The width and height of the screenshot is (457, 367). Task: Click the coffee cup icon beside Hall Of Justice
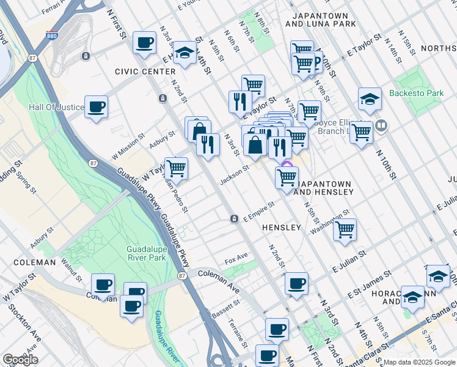tap(97, 108)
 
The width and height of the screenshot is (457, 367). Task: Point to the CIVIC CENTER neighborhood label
tap(145, 72)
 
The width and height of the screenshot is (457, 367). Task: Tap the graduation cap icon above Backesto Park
tap(370, 98)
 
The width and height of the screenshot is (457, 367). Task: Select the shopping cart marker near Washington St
tap(345, 230)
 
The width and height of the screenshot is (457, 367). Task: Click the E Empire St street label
tap(259, 213)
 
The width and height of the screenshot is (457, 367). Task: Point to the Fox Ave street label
tap(236, 256)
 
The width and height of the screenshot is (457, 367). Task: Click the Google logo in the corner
tap(20, 360)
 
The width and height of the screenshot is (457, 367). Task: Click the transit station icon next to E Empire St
tap(234, 219)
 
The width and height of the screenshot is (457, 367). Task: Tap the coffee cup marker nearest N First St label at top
tap(144, 42)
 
